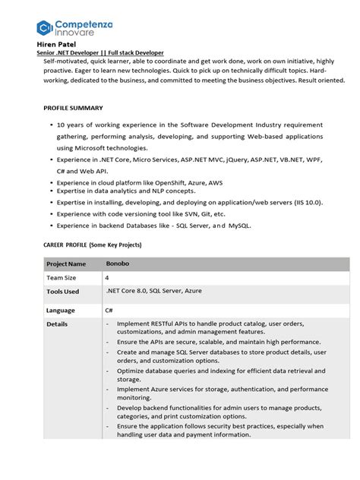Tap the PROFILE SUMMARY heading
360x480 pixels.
pyautogui.click(x=73, y=108)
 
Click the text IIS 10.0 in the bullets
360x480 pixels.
pyautogui.click(x=307, y=203)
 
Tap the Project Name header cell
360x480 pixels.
pyautogui.click(x=66, y=264)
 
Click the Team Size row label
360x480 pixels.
pyautogui.click(x=62, y=278)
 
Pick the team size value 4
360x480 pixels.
pyautogui.click(x=108, y=278)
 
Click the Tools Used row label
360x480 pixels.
pyautogui.click(x=62, y=292)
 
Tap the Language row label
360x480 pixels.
pyautogui.click(x=60, y=311)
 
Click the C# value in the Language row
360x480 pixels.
pyautogui.click(x=109, y=311)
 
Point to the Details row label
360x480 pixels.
pyautogui.click(x=57, y=324)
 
